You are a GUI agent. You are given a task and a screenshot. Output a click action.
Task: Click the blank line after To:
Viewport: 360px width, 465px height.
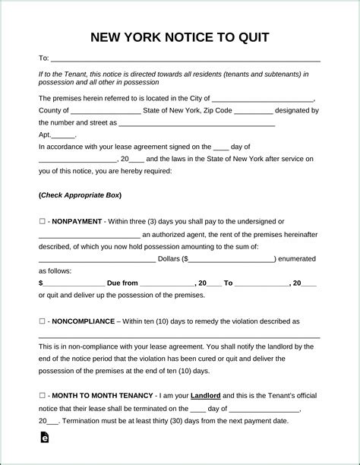(x=185, y=59)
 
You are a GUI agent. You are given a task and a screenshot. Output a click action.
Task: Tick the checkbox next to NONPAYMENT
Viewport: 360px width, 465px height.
(x=42, y=220)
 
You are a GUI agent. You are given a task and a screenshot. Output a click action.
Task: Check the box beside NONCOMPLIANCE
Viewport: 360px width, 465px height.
(x=42, y=321)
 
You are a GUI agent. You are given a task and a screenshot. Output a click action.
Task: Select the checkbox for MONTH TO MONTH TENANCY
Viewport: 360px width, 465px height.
(x=42, y=396)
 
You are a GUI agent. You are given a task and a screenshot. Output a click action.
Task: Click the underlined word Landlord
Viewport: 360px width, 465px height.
(x=205, y=396)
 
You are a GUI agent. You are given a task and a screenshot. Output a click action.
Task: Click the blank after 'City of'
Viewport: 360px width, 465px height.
(x=263, y=100)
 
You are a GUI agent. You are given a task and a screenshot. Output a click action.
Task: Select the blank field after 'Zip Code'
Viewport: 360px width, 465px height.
(x=259, y=111)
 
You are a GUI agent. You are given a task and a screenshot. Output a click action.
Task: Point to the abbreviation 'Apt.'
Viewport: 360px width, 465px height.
(x=45, y=134)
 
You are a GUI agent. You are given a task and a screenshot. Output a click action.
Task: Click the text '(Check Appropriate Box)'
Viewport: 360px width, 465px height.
(x=80, y=195)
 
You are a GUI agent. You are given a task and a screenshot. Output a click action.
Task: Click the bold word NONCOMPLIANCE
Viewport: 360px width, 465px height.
(x=84, y=321)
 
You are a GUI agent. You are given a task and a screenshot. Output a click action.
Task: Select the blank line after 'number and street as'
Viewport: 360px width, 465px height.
(x=197, y=123)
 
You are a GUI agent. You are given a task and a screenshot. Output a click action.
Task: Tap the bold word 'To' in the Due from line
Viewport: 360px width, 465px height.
(x=229, y=283)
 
